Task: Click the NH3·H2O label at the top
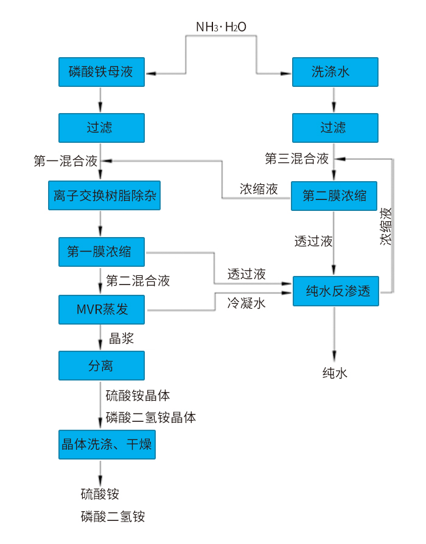tap(222, 27)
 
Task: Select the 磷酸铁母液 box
tap(101, 72)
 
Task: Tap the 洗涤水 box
tap(335, 72)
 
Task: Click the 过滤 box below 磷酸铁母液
tap(101, 127)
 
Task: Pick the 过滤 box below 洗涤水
tap(335, 127)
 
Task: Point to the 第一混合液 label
tap(66, 161)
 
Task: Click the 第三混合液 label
tap(297, 159)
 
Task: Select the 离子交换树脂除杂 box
tap(104, 196)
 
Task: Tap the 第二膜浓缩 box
tap(334, 196)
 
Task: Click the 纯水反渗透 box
tap(336, 291)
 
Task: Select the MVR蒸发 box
tap(101, 309)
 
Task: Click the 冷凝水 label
tap(247, 303)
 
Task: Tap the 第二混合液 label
tap(138, 280)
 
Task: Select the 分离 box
tap(101, 365)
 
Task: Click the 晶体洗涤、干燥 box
tap(106, 444)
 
